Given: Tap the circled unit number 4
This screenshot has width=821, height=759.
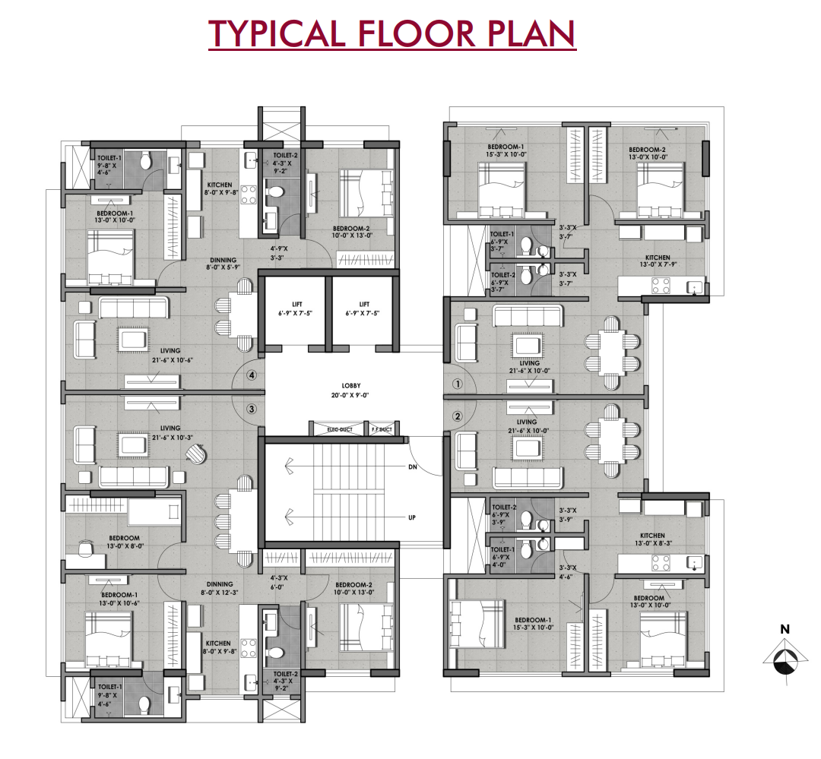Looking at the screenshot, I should (252, 375).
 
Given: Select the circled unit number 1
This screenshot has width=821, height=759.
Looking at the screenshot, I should (457, 384).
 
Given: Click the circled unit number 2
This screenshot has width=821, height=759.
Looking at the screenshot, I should (457, 416).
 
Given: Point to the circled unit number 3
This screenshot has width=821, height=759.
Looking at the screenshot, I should (252, 409).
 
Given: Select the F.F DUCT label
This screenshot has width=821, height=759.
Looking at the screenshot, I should (380, 430).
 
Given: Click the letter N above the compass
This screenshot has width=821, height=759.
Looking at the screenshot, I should (784, 629).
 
